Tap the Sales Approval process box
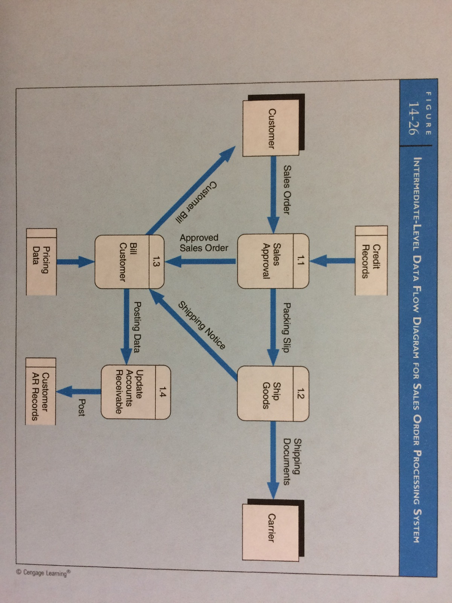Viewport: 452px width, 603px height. click(272, 261)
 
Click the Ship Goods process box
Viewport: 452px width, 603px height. click(272, 393)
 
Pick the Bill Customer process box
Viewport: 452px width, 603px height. click(129, 261)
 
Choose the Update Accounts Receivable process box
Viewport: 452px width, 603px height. click(135, 392)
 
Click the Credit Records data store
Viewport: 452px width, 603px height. click(371, 260)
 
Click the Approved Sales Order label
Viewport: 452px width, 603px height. click(203, 242)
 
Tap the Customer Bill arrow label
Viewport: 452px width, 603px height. click(196, 201)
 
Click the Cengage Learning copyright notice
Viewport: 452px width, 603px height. click(45, 573)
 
